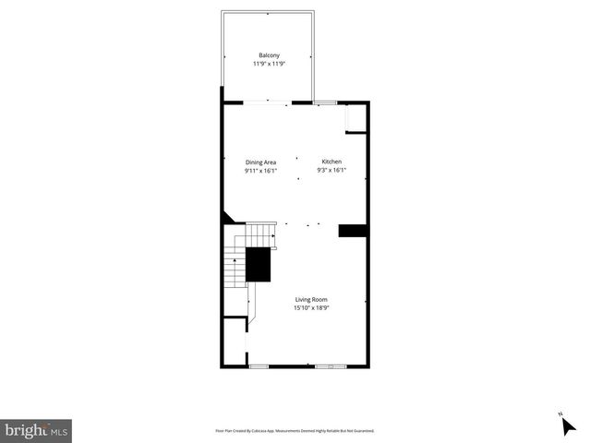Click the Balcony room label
pos(269,55)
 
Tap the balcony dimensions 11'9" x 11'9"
pos(269,65)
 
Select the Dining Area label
pos(260,162)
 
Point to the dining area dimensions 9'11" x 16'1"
pos(260,171)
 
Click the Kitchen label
pos(331,162)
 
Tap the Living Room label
pos(311,299)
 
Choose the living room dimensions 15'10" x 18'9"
pos(311,308)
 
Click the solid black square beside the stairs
pos(258,265)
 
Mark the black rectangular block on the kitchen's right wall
pos(354,231)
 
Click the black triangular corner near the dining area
pos(226,217)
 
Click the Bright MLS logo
pos(36,430)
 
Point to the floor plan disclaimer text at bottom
pos(295,430)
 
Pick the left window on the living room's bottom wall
pos(259,366)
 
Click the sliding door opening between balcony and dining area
pos(269,102)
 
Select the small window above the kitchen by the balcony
pos(325,102)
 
